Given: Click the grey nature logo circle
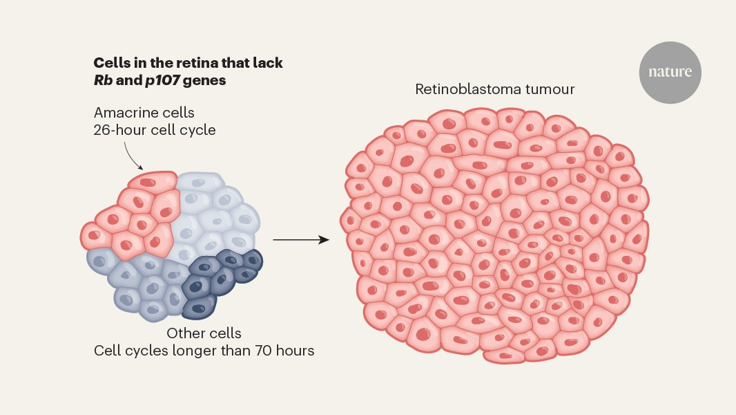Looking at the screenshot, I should click(670, 72).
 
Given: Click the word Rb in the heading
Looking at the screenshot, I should click(102, 80).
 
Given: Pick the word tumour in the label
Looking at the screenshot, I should click(549, 89).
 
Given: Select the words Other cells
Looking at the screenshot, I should click(204, 333).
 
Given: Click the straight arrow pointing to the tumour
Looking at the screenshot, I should click(300, 240).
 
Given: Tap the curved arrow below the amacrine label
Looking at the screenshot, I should click(132, 154).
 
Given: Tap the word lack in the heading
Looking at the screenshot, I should click(268, 63).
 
